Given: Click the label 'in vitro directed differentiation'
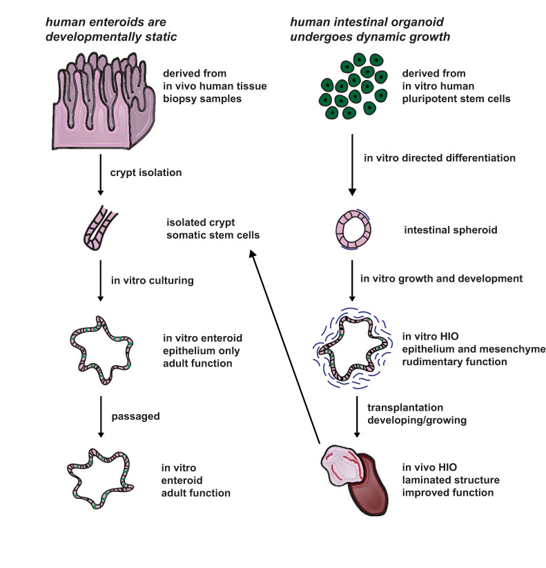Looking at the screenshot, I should [439, 157].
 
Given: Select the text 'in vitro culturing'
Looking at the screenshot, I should [153, 280].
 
